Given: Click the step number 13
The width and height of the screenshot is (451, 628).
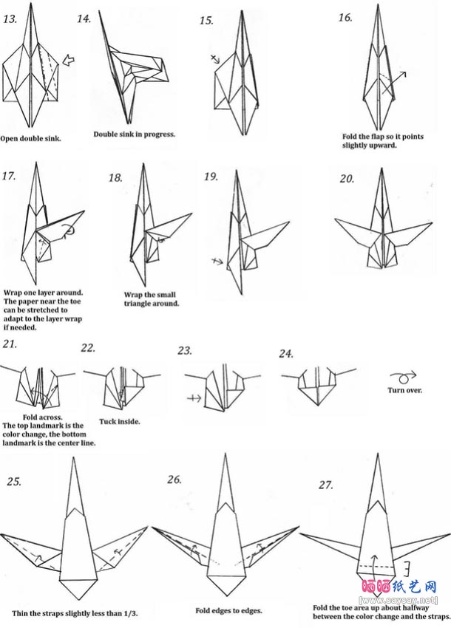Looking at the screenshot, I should pyautogui.click(x=10, y=18).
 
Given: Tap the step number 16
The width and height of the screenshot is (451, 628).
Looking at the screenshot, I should pyautogui.click(x=345, y=17).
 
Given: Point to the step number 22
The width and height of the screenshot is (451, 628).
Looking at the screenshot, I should pyautogui.click(x=88, y=349).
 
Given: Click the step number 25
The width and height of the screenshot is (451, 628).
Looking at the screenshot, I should pyautogui.click(x=13, y=482).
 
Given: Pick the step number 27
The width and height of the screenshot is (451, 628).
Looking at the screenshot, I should pyautogui.click(x=325, y=485).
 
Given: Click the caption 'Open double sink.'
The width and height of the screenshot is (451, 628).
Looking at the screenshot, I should pyautogui.click(x=30, y=138).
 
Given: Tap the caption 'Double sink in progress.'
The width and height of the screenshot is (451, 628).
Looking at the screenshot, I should pyautogui.click(x=135, y=134).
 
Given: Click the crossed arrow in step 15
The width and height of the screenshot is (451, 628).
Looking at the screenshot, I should pyautogui.click(x=215, y=58).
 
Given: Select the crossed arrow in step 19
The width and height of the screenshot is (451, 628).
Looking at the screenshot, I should pyautogui.click(x=216, y=261).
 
